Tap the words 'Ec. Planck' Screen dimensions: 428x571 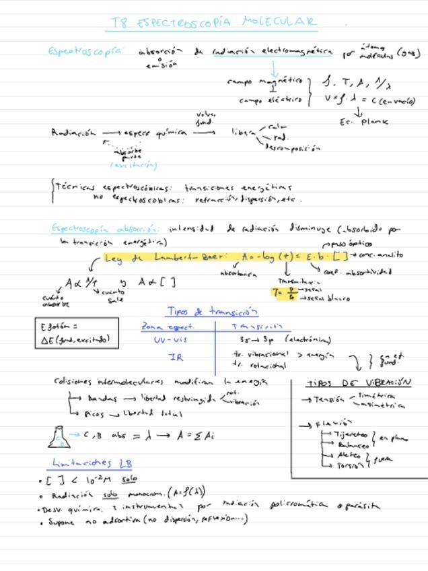[365, 122]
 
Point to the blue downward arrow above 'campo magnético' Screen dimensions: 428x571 [274, 69]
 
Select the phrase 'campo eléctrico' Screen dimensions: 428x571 [271, 100]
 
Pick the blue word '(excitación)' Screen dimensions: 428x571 [133, 165]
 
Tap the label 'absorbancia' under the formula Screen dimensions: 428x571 [239, 274]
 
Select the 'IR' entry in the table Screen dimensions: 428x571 [176, 358]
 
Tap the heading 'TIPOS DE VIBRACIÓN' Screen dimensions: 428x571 [359, 382]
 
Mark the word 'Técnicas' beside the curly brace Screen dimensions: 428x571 [75, 188]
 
